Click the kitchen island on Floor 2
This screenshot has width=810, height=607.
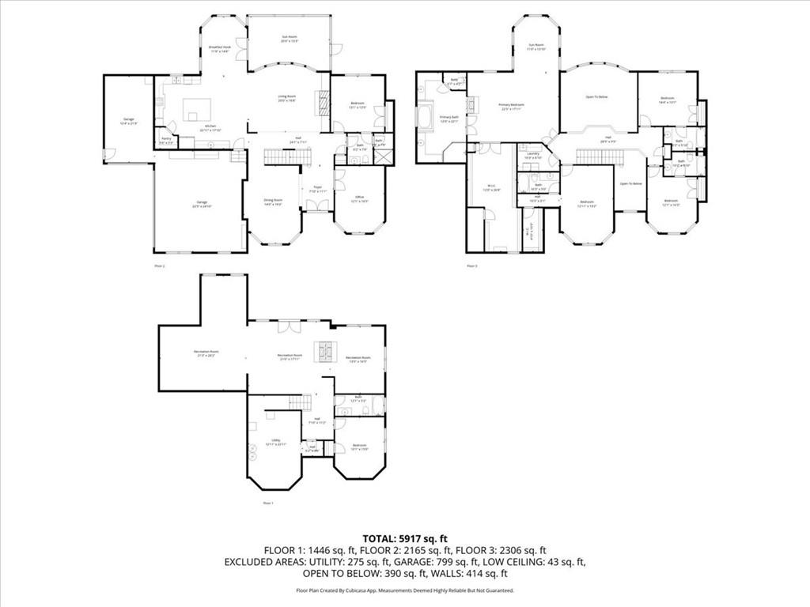tap(197, 109)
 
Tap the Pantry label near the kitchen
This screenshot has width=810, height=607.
tap(166, 139)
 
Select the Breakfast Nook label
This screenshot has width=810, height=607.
tap(220, 48)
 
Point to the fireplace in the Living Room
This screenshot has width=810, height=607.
tap(320, 100)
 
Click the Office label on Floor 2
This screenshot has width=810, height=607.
tap(359, 198)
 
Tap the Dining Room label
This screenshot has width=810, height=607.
tap(273, 201)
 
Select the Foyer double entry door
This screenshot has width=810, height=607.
tap(316, 206)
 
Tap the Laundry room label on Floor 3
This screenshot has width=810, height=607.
tap(533, 154)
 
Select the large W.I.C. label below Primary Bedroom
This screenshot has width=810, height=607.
tap(492, 188)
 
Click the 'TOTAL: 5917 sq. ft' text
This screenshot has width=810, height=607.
tap(404, 537)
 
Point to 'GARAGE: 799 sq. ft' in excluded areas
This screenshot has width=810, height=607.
tap(466, 562)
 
